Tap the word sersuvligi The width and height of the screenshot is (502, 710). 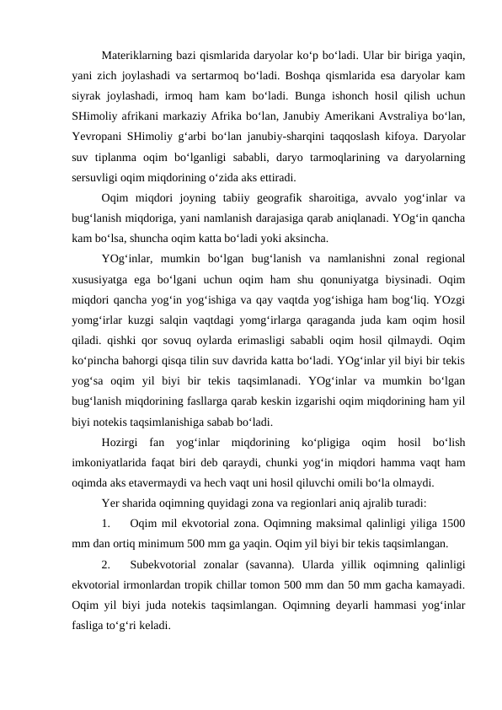coord(97,177)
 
